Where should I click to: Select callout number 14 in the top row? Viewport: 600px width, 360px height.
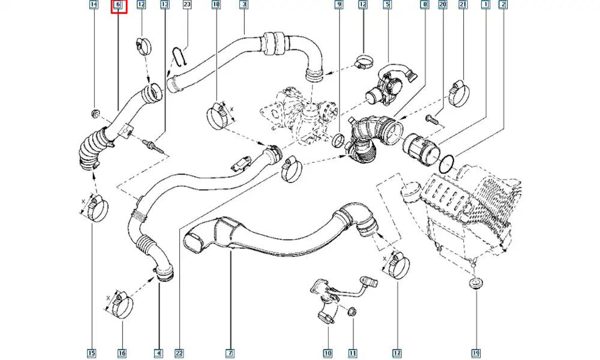coord(93,5)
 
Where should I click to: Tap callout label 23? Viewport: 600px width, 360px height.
coord(187,5)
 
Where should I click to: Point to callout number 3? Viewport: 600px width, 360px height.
coord(244,5)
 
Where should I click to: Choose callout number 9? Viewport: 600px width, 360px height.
coord(338,5)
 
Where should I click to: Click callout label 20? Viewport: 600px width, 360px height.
coord(443,5)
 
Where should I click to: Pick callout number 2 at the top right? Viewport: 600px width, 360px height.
coord(503,5)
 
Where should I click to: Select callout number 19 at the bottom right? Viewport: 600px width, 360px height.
coord(475,354)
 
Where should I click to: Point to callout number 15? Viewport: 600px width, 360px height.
coord(92,354)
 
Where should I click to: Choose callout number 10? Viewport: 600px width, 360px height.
coord(328,354)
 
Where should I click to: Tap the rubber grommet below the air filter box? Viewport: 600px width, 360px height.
coord(475,283)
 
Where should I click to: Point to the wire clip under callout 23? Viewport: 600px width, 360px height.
coord(178,56)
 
